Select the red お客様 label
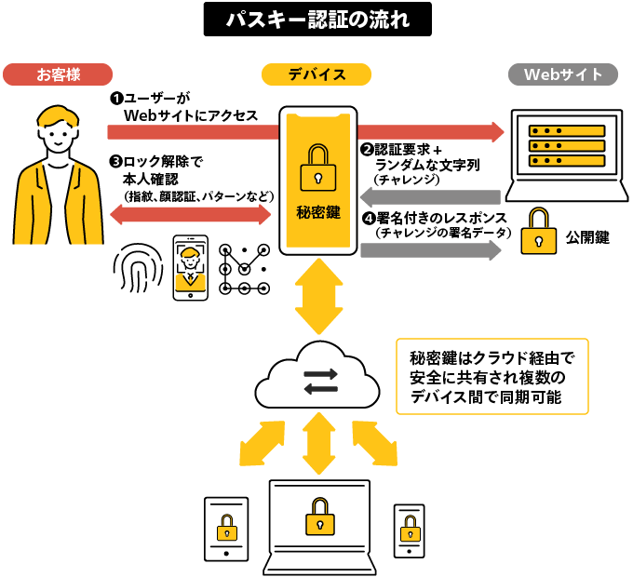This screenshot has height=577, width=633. pos(58,74)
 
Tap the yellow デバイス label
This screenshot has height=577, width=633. pos(316,74)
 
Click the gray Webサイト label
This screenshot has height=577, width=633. pos(563,74)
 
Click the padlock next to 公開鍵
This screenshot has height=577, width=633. pos(537,233)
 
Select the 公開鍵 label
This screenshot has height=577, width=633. pos(587,238)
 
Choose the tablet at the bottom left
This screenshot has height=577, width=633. pos(226,529)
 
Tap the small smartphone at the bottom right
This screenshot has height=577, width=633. pos(409,531)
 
